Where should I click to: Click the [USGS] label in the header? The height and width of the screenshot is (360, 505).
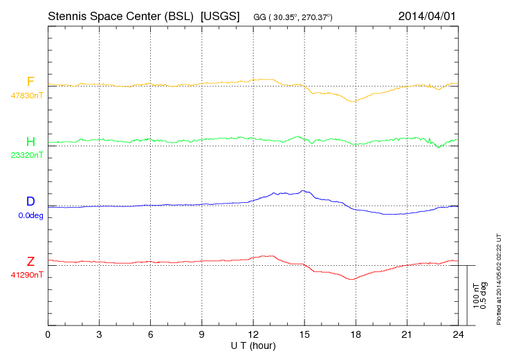tap(219, 15)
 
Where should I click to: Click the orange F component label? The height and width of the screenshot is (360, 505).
tap(30, 82)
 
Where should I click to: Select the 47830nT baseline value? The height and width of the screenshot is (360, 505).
tap(26, 96)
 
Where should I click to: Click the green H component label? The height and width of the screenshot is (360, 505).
tap(30, 141)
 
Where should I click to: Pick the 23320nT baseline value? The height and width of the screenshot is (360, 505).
tap(26, 155)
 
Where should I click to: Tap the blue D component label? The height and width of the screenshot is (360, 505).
tap(30, 201)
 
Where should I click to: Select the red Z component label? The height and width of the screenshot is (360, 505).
tap(30, 262)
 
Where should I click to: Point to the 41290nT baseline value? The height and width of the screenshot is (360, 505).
tap(26, 276)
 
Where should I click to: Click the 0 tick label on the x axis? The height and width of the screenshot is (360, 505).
tap(48, 335)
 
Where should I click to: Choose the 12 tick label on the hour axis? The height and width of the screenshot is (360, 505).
tap(253, 335)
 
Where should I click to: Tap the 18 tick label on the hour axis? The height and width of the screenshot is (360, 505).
tap(356, 335)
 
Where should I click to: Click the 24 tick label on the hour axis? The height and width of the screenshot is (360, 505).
tap(458, 335)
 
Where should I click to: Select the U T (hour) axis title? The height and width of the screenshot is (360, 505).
tap(253, 345)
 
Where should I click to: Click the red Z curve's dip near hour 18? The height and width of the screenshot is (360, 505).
tap(352, 279)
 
